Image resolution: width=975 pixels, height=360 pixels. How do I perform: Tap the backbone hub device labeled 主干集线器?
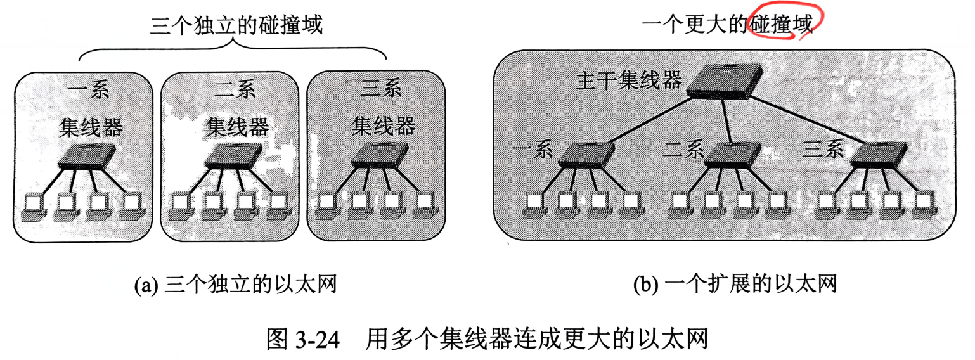(x=724, y=81)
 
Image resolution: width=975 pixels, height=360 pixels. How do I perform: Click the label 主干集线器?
(x=628, y=81)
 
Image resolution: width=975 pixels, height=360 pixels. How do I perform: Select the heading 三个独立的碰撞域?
(x=236, y=25)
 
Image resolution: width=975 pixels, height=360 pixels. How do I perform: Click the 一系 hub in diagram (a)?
(x=87, y=155)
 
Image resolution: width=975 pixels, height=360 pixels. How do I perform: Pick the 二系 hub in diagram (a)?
(x=234, y=155)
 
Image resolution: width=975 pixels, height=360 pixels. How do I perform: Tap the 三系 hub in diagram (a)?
(x=380, y=155)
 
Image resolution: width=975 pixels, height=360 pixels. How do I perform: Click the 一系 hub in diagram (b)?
(x=586, y=155)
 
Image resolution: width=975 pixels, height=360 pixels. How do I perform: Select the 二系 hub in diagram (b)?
(x=733, y=155)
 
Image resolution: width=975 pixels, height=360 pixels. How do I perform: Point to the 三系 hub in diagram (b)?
(x=879, y=155)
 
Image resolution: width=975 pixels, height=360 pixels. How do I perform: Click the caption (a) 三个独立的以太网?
(x=235, y=285)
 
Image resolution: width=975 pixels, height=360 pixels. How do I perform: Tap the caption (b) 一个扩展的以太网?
(x=735, y=284)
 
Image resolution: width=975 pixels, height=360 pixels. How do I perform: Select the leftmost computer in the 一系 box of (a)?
(x=33, y=207)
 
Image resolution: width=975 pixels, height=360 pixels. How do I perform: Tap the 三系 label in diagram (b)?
(x=823, y=150)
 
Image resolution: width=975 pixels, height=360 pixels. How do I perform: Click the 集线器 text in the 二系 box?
(x=237, y=127)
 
